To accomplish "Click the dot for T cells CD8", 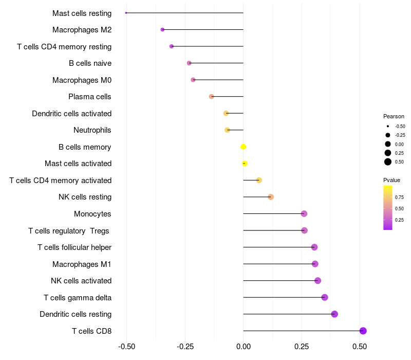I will (363, 331).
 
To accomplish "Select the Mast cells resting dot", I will (126, 13).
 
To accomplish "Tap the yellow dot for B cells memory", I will (244, 147).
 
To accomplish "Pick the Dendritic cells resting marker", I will (334, 314).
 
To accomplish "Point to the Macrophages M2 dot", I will (162, 30).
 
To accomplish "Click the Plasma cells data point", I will (211, 97).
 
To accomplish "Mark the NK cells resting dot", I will (271, 197).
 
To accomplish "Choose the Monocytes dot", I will (304, 213).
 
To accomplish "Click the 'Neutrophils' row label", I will (92, 130).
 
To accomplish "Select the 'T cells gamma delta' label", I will (78, 297).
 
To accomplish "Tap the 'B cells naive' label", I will (90, 63).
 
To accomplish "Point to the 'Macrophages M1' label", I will (82, 264).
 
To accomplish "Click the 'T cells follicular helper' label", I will (74, 247).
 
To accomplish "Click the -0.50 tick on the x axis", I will (127, 346).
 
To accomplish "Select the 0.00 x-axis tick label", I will (244, 346).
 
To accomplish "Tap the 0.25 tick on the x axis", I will (302, 346).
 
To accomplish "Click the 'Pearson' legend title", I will (394, 116).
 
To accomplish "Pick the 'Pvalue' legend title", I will (391, 180).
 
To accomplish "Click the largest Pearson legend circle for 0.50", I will (388, 162).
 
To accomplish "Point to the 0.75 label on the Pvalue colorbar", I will (399, 197).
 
